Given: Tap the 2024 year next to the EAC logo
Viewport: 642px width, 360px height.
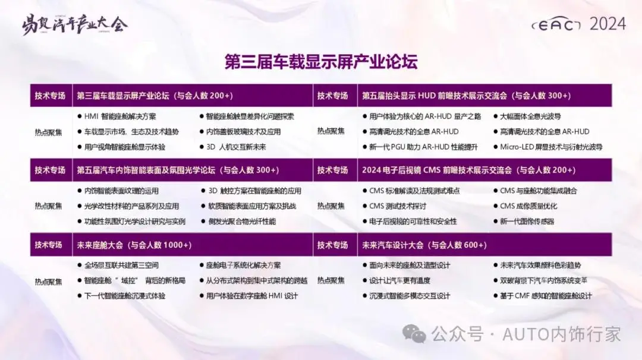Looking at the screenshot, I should pyautogui.click(x=607, y=24).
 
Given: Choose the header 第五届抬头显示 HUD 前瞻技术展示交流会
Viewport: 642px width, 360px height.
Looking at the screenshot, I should pyautogui.click(x=466, y=96).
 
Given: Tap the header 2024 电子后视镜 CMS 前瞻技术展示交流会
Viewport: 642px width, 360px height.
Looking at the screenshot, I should pyautogui.click(x=468, y=170).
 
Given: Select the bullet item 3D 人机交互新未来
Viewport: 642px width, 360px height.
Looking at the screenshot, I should pyautogui.click(x=236, y=147).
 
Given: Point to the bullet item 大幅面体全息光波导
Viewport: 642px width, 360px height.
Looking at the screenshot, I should pyautogui.click(x=530, y=116).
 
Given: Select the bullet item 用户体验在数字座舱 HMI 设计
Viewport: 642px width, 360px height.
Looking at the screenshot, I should pyautogui.click(x=252, y=296).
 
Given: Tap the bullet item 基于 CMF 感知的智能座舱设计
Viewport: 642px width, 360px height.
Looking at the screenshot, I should pyautogui.click(x=546, y=296).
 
